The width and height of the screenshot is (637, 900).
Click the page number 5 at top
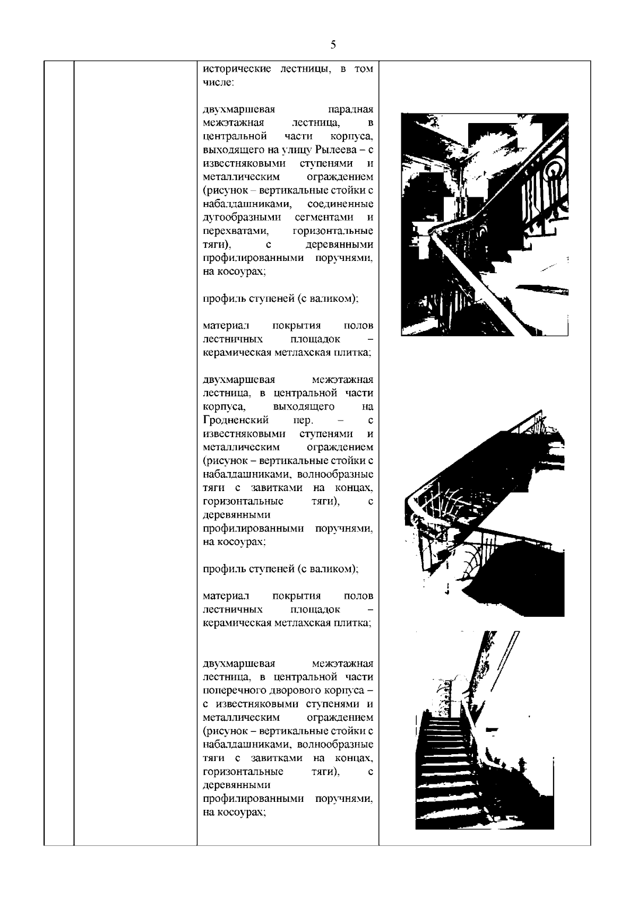tap(333, 45)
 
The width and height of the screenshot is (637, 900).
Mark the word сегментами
tap(325, 218)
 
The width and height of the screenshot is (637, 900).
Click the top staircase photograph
tap(484, 224)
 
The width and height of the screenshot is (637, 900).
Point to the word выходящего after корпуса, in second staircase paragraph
tap(303, 407)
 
